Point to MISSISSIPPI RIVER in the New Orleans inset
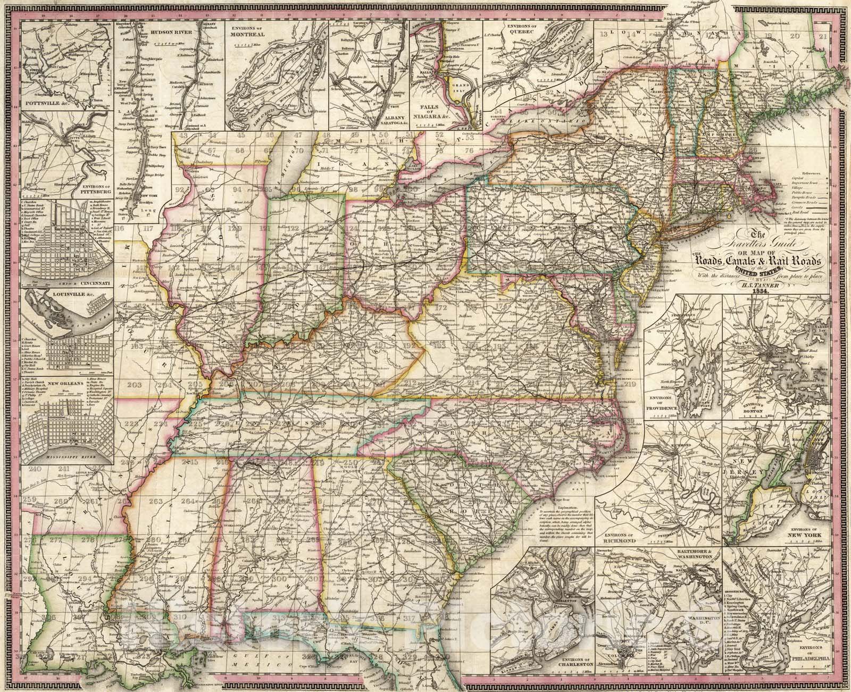(x=71, y=456)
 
